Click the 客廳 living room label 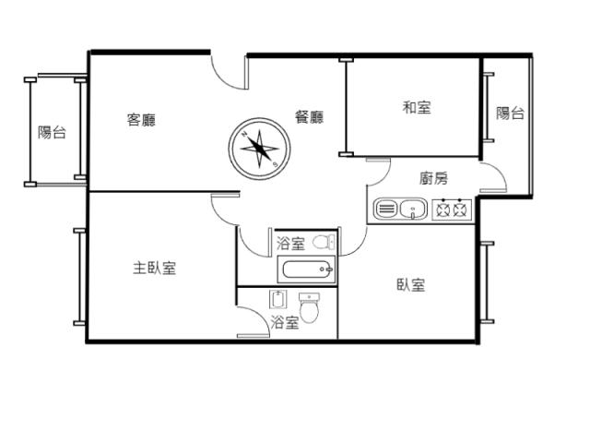[141, 120]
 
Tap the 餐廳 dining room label [310, 117]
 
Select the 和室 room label [417, 107]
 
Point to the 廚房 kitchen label [434, 178]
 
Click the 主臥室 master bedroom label [155, 269]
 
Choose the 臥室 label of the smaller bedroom [411, 285]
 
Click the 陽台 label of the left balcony [52, 132]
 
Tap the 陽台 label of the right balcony [510, 113]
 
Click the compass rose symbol [260, 149]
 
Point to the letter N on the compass [244, 134]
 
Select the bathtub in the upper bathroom [306, 269]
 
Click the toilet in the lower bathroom [310, 308]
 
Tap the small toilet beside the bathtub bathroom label [324, 242]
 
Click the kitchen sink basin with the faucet [413, 210]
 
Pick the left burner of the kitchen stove [442, 210]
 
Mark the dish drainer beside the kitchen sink [386, 209]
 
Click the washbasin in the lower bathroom [277, 299]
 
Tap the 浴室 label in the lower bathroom [285, 322]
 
